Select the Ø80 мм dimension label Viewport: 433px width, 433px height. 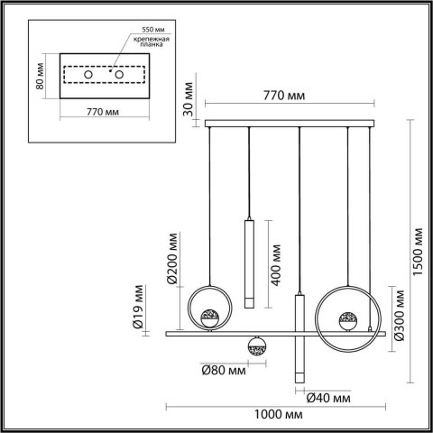point(224,370)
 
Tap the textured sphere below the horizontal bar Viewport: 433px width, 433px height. point(255,344)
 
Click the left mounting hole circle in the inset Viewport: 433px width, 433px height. point(88,73)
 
